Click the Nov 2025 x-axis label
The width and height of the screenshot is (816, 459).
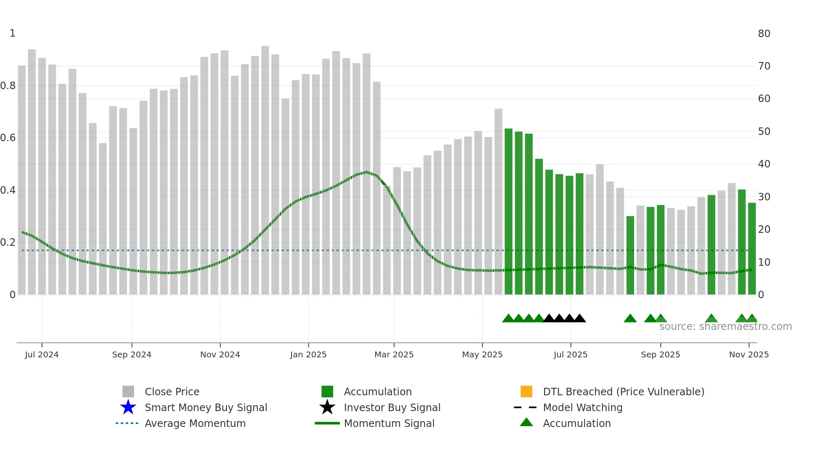coord(749,354)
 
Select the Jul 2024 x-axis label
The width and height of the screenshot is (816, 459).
coord(42,354)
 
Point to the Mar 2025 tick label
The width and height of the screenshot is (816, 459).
coord(394,354)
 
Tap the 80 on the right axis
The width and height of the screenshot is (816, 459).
coord(764,34)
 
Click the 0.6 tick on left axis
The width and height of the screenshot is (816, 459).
coord(8,138)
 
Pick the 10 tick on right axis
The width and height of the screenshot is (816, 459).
coord(764,262)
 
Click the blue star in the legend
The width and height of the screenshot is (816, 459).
coord(128,407)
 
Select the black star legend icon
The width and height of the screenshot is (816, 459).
coord(327,407)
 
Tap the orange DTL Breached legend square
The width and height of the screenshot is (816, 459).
coord(526,392)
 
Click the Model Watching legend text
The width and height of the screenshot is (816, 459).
coord(582,407)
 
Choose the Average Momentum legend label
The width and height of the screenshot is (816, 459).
coord(195,423)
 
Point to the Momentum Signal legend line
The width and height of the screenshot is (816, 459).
coord(327,423)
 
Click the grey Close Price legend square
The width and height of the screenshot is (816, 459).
coord(128,392)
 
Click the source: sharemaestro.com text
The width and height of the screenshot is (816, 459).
coord(725,327)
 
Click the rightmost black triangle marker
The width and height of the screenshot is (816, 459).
coord(580,319)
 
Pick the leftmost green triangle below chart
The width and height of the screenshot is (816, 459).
coord(508,319)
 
